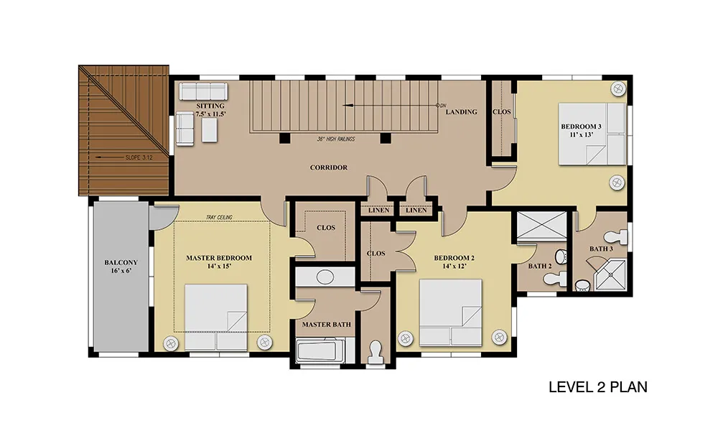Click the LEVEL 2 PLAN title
click(598, 387)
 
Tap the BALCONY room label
click(121, 262)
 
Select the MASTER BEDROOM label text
click(219, 258)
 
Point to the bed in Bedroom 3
click(592, 134)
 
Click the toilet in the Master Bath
click(376, 353)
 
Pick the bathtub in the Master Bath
click(320, 351)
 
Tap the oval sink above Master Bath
click(325, 277)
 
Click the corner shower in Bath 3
click(611, 275)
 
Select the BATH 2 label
click(540, 266)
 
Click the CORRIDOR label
click(329, 167)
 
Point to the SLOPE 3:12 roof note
click(139, 157)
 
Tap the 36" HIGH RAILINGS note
click(336, 139)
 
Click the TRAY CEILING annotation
click(219, 217)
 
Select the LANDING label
click(461, 112)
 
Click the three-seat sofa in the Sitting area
click(203, 91)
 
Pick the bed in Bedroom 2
click(451, 312)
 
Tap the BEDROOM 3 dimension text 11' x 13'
click(582, 134)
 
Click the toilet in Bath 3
click(616, 237)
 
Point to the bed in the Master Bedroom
click(215, 318)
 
